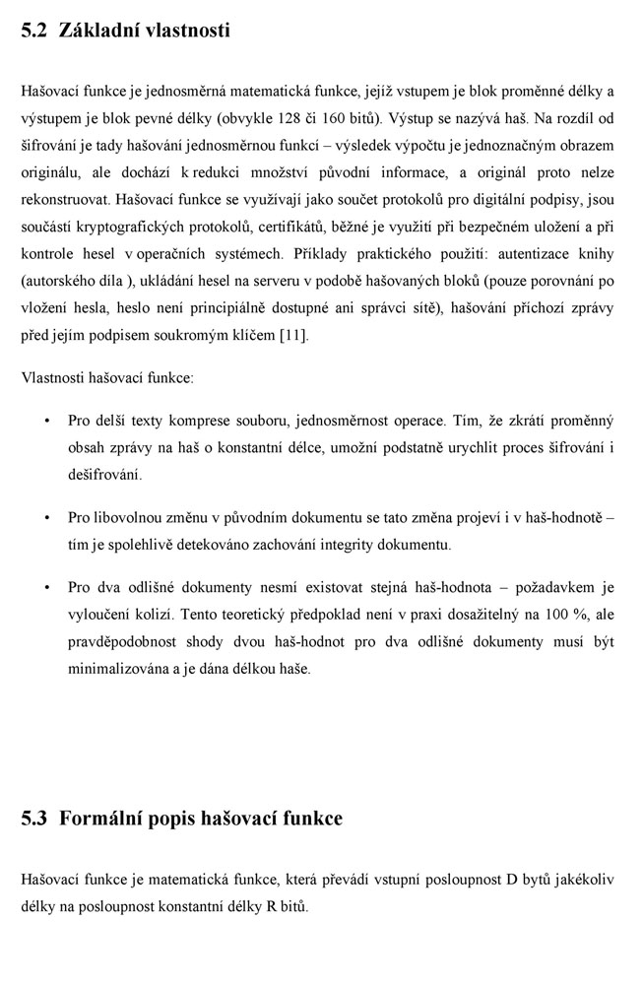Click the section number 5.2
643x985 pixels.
(33, 30)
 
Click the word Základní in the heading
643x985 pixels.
(97, 30)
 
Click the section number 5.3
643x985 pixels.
(33, 819)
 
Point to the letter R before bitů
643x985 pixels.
(269, 904)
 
